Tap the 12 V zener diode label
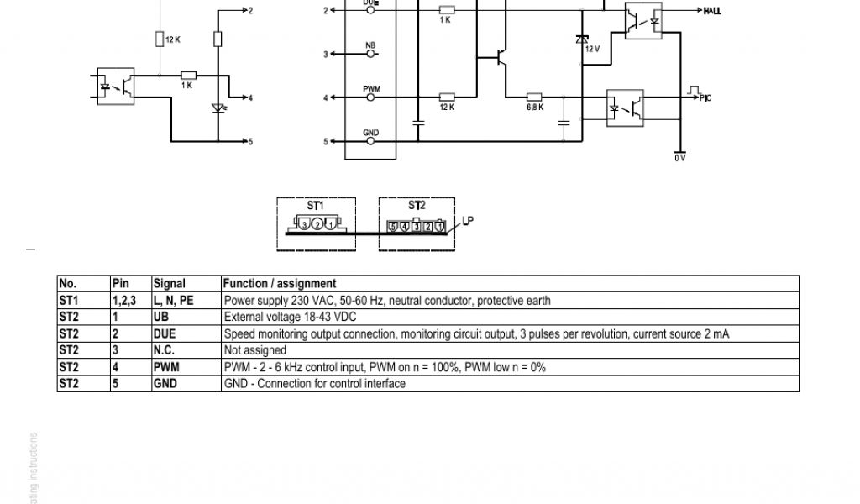tap(592, 49)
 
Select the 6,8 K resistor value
tap(535, 107)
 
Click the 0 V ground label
tap(679, 158)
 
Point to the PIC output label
tap(705, 98)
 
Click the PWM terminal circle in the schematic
tap(370, 98)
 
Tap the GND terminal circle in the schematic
tap(370, 142)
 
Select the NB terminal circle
tap(370, 55)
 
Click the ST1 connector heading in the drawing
tap(315, 205)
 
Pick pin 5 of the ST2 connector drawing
tap(392, 226)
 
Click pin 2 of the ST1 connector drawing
tap(317, 224)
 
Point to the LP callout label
tap(469, 221)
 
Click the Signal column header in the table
tap(169, 284)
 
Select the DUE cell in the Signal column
tap(165, 334)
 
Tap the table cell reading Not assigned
tap(255, 350)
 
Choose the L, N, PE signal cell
tap(174, 301)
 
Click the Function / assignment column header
tap(280, 284)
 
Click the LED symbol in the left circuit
tap(218, 108)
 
